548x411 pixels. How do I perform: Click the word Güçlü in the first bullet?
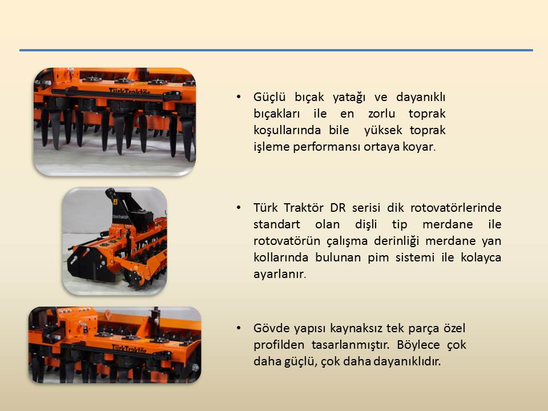269,97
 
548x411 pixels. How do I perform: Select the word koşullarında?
287,130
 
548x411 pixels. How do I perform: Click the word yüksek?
383,130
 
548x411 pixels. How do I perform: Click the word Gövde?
271,328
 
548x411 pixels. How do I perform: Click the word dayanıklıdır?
407,361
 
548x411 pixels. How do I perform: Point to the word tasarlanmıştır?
350,345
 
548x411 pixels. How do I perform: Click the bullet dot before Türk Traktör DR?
239,208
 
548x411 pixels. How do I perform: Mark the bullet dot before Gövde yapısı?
239,328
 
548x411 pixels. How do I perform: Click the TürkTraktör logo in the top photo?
130,91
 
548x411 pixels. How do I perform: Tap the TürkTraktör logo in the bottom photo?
129,348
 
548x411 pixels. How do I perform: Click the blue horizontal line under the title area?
276,50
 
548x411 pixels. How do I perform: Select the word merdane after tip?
448,224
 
